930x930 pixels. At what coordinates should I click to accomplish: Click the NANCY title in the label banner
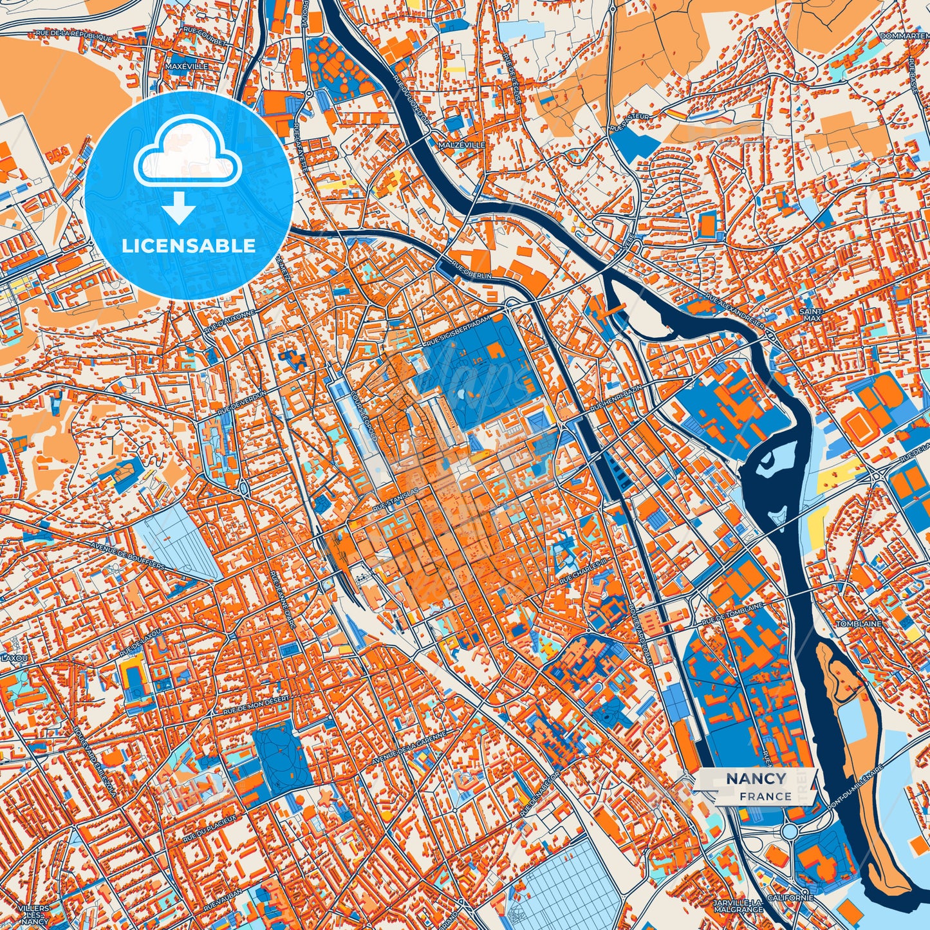756,779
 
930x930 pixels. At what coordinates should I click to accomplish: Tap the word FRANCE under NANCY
765,796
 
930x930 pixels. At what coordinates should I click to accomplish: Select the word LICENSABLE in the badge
189,246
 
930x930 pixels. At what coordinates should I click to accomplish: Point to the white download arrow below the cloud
180,209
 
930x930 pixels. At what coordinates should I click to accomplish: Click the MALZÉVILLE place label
462,145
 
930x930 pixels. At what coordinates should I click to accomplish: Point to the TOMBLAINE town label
858,624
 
